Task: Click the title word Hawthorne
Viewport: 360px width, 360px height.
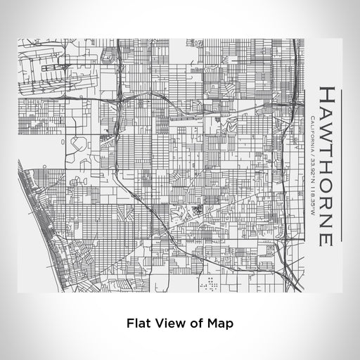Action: click(326, 166)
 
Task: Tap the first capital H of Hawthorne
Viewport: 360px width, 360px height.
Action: click(326, 94)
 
